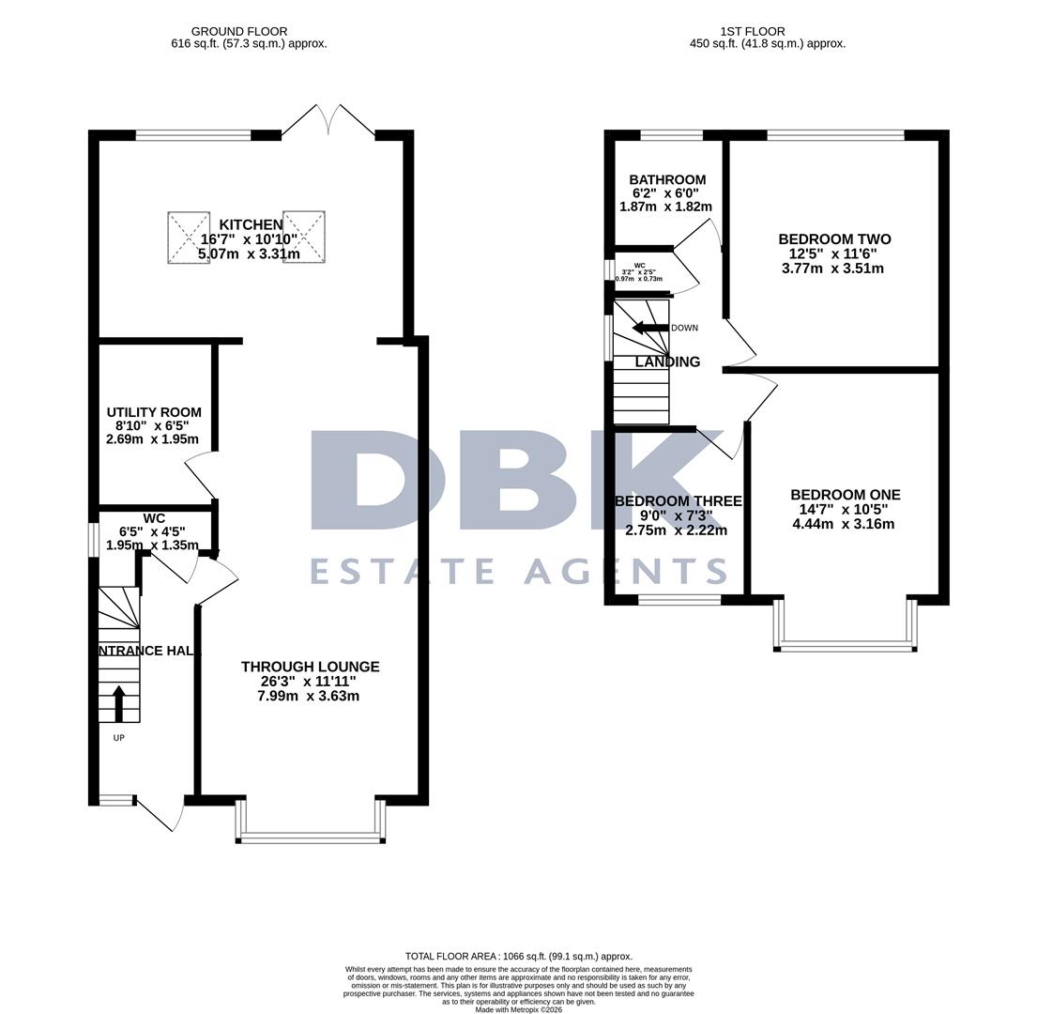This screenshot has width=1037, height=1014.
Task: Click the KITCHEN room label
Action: (251, 225)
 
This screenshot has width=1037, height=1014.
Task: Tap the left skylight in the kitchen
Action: (189, 238)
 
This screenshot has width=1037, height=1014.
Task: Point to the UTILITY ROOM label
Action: (154, 412)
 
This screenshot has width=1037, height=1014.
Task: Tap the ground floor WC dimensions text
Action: (152, 539)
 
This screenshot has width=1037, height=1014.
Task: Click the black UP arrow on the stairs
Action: (118, 704)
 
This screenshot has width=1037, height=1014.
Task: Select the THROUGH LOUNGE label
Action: (310, 667)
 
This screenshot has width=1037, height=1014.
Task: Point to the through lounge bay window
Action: (311, 834)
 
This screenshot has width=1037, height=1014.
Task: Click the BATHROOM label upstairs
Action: (667, 180)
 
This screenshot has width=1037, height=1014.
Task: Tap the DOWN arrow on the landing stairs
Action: (649, 328)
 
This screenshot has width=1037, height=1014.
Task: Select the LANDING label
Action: (667, 362)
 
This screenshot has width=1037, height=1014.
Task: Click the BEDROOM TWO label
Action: (834, 239)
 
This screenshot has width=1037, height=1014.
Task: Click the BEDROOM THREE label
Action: (678, 501)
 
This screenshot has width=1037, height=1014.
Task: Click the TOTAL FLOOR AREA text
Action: (518, 956)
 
